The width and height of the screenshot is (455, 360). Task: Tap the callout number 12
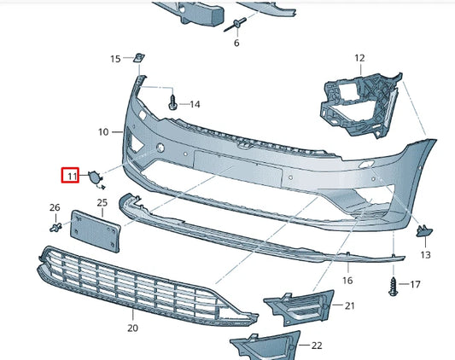coord(359,58)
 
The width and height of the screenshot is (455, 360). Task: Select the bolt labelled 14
coord(174,103)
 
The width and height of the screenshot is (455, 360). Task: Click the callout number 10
coord(103,131)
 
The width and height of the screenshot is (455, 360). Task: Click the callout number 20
coord(131,328)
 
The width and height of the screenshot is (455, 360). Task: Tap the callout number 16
coord(347,280)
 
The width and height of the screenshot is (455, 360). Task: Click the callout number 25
coord(102,202)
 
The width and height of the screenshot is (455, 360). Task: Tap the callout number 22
coord(317,345)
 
